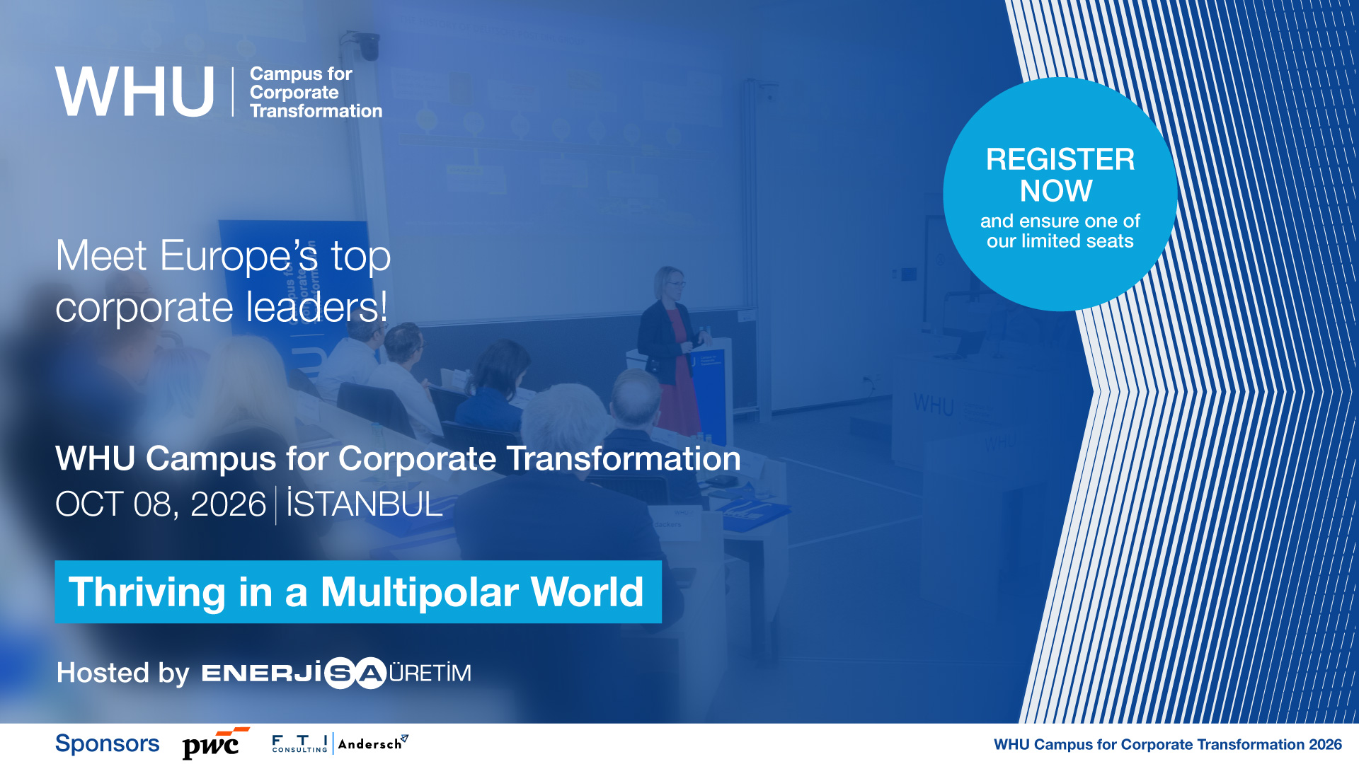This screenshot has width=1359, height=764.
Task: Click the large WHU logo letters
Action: [134, 92]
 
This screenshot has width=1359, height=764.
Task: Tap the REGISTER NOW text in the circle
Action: [1060, 175]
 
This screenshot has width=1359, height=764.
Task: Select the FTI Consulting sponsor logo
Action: [300, 743]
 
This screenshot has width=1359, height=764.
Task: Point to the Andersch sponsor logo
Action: [373, 743]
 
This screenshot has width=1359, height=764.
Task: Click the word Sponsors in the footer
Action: [108, 743]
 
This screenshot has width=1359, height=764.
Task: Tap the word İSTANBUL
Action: [365, 503]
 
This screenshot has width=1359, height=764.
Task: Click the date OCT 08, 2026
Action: [161, 504]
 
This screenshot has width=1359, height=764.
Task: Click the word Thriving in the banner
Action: [147, 593]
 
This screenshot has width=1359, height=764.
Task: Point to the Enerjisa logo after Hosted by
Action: [294, 673]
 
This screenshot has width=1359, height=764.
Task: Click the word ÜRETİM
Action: [430, 672]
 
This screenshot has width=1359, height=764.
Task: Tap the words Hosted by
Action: [123, 673]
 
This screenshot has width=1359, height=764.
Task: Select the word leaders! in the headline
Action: [317, 307]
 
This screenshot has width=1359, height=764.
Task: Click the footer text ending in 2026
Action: [1168, 744]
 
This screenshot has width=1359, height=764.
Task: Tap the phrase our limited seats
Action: [1060, 241]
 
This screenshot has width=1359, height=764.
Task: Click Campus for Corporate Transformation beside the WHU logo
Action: [316, 92]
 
